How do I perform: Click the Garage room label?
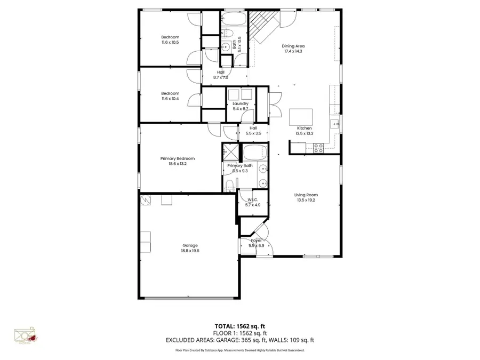tap(186, 245)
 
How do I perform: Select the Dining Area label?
tap(293, 46)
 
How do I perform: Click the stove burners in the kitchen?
tap(318, 148)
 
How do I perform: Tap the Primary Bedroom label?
tap(178, 158)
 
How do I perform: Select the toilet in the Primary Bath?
tap(228, 185)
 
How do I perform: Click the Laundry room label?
tap(241, 103)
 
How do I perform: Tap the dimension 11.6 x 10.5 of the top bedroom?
tap(170, 42)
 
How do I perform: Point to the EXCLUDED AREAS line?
tap(240, 340)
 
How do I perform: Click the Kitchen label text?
tap(304, 128)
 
